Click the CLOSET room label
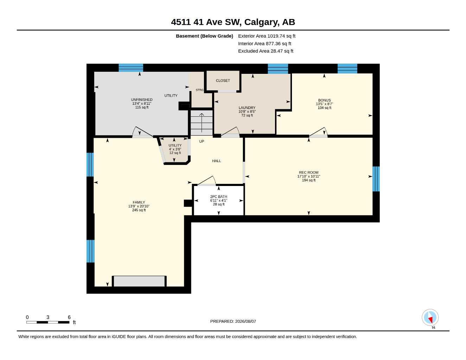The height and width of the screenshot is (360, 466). tap(223, 81)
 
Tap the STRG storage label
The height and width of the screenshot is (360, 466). tap(199, 90)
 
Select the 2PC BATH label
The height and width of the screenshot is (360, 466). tap(218, 197)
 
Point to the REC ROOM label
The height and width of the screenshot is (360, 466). tap(308, 173)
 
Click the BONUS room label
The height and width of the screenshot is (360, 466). tap(324, 100)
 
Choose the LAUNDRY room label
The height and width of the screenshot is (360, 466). tap(247, 108)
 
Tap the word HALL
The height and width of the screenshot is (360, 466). tap(216, 161)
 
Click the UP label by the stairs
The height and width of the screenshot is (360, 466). tap(202, 141)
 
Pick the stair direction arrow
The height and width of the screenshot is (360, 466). tap(202, 123)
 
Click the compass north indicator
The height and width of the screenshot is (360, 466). tap(430, 318)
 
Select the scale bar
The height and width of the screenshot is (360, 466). tap(48, 322)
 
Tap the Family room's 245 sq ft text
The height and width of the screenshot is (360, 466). tap(139, 210)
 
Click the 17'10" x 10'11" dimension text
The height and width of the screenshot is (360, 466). tap(308, 176)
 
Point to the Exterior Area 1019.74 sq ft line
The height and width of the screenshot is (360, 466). tap(267, 36)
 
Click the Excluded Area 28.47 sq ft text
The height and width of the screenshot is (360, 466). tap(266, 51)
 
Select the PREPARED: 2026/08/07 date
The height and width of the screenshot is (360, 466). tap(233, 321)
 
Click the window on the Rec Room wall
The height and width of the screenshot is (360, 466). tap(376, 179)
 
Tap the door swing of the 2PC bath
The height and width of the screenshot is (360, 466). tap(206, 180)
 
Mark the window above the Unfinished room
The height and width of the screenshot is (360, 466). tap(131, 68)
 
